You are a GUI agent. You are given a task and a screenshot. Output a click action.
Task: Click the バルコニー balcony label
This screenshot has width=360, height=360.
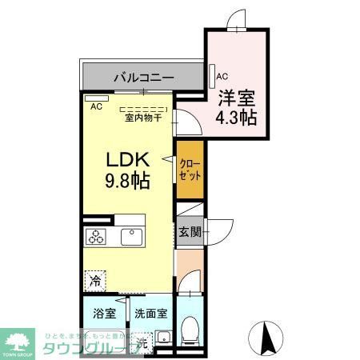pyautogui.click(x=143, y=78)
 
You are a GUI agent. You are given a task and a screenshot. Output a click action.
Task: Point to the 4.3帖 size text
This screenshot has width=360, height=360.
pyautogui.click(x=236, y=117)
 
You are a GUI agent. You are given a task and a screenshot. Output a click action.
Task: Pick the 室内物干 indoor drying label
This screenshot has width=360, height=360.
pyautogui.click(x=143, y=118)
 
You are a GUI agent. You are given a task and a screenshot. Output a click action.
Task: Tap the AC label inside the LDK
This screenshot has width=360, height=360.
pyautogui.click(x=96, y=106)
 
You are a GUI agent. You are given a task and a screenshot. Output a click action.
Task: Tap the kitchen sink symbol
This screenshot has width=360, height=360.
pyautogui.click(x=130, y=237)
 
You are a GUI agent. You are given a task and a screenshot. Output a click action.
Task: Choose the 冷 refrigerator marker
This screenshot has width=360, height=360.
pyautogui.click(x=95, y=282)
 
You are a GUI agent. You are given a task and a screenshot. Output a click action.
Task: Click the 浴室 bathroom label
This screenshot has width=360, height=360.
pyautogui.click(x=103, y=314)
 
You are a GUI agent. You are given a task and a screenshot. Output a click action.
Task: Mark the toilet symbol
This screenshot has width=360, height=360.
pyautogui.click(x=190, y=327)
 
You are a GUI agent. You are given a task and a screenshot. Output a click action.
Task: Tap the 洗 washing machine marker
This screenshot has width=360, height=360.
pyautogui.click(x=142, y=342)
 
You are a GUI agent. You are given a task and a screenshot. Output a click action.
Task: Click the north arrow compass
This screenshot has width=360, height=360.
pyautogui.click(x=270, y=337)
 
